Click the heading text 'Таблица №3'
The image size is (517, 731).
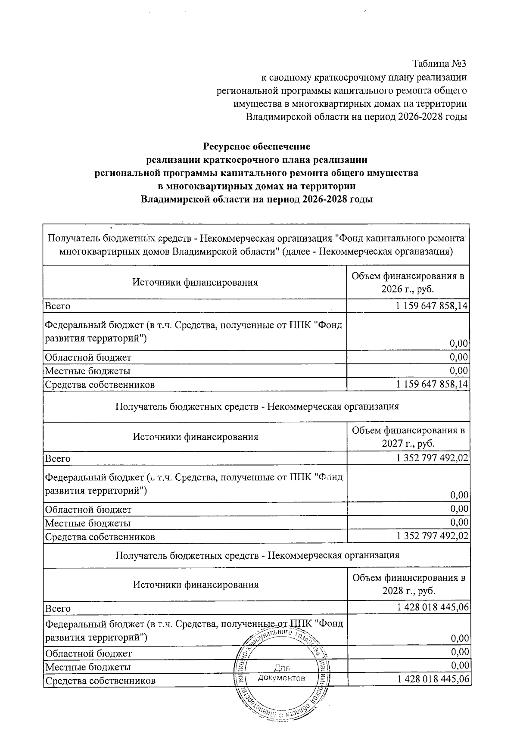coord(439,64)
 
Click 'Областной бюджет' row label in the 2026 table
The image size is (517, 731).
coord(88,358)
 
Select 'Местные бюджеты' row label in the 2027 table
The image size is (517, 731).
coord(88,523)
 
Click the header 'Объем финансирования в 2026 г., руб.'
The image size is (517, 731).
coord(408,283)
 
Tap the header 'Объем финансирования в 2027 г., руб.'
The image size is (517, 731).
coord(408,436)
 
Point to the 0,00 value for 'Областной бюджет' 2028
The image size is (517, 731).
coord(459,653)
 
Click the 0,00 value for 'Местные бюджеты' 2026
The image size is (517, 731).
coord(459,371)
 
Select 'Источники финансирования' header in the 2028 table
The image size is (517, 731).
coord(195,585)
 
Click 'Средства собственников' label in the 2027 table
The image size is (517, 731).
coord(100,537)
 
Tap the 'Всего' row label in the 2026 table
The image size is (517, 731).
coord(57,306)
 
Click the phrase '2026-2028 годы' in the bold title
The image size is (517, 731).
coord(336,200)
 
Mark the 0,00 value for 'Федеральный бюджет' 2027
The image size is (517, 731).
coord(459,495)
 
